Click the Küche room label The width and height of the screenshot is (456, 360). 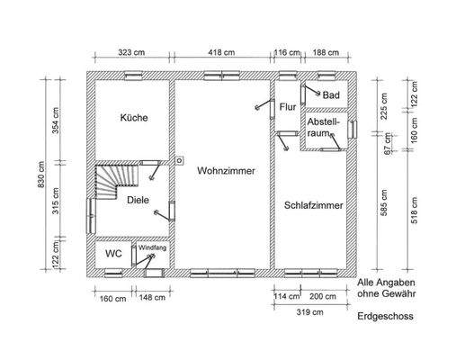click(134, 118)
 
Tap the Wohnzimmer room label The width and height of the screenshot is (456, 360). click(220, 169)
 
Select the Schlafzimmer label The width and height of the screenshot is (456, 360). click(313, 205)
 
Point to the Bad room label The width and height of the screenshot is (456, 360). click(331, 95)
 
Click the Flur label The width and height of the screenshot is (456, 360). click(288, 107)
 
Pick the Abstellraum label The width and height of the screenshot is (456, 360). click(321, 126)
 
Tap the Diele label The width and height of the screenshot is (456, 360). click(138, 200)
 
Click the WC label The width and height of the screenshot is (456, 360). click(112, 254)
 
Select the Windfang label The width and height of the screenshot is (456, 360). click(152, 247)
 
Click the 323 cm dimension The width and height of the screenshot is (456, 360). click(132, 53)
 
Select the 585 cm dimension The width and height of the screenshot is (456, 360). click(384, 203)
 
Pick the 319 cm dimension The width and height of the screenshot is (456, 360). click(308, 311)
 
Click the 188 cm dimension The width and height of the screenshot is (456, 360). click(325, 53)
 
